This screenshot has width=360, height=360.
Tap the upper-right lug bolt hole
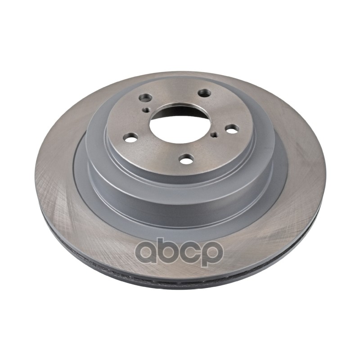point(205,93)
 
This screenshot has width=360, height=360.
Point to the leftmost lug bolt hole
point(130,138)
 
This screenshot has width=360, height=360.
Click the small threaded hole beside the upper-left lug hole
point(146,110)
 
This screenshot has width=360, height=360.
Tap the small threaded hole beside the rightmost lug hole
point(215,135)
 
